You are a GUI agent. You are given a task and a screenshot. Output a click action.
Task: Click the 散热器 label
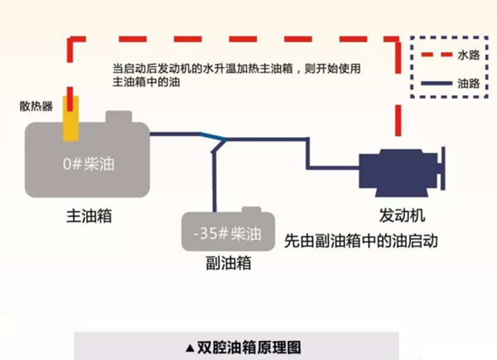pos(36,107)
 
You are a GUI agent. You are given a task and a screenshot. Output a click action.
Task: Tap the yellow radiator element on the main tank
pos(72,119)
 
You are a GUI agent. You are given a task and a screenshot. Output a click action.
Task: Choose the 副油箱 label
pos(228,264)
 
